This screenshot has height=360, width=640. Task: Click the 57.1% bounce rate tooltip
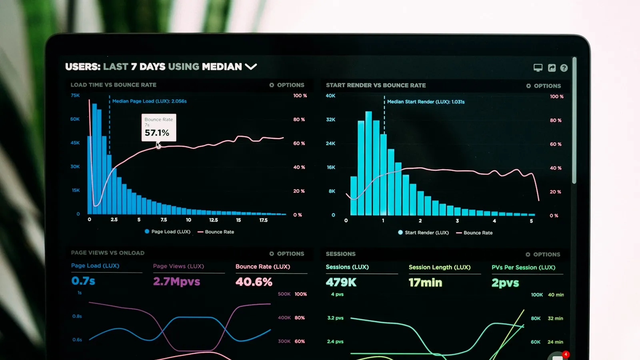(x=158, y=128)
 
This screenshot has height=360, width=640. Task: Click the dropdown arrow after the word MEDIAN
(x=251, y=66)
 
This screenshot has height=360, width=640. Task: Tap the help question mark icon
(x=564, y=68)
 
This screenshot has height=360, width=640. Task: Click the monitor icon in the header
(x=538, y=68)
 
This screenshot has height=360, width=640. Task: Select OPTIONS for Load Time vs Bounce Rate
(x=287, y=85)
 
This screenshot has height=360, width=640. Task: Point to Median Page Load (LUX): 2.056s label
(x=149, y=101)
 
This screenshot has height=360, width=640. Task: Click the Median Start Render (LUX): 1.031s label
(x=426, y=102)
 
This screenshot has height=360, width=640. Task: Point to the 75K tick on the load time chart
(x=75, y=95)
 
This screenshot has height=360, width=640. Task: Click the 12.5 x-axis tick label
(x=214, y=220)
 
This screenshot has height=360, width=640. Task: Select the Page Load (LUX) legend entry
(x=168, y=232)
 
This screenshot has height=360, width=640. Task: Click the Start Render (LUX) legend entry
(x=424, y=232)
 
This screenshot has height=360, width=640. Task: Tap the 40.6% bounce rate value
(x=254, y=282)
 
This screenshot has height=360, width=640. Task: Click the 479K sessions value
(x=341, y=282)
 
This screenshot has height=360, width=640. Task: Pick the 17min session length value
(x=425, y=283)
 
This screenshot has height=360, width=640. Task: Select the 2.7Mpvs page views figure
(x=176, y=282)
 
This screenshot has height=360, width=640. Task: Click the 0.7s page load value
(x=83, y=281)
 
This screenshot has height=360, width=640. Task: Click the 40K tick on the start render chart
(x=330, y=96)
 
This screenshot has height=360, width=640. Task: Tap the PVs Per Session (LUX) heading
(x=523, y=267)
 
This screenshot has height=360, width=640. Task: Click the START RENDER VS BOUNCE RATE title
(x=376, y=85)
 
